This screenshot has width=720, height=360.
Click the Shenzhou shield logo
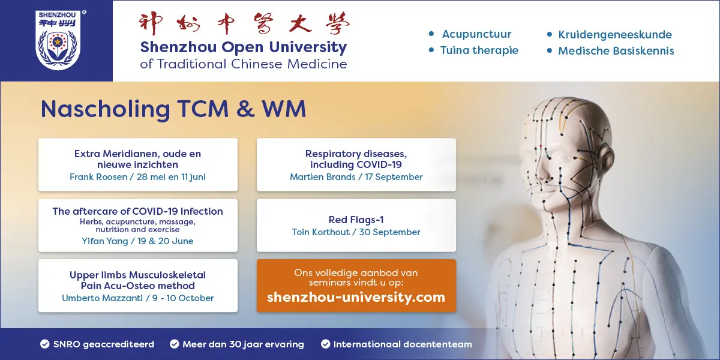coord(58,40)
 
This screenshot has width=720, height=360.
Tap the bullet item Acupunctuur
coord(476,34)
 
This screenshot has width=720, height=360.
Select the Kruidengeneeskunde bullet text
coord(614,35)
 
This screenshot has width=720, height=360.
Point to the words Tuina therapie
coord(479,50)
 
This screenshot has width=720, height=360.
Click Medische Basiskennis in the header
coord(616,51)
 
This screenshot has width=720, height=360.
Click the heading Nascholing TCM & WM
coord(173,109)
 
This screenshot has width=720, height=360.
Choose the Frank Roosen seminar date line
coord(137,177)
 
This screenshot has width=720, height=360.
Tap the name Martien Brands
coord(322,177)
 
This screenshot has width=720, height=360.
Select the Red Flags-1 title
coord(356,220)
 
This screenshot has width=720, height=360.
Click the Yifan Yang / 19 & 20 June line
coord(137,241)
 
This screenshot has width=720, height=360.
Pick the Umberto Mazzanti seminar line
coord(137,298)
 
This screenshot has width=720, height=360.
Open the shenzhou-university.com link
coord(356,298)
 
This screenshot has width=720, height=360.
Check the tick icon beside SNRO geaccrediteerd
coord(45,344)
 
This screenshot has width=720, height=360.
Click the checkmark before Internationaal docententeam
coord(325,344)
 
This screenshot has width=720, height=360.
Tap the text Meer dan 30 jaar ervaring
coord(243,344)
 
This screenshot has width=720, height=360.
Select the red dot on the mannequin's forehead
coord(541,146)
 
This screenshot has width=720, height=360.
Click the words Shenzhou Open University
coord(244,47)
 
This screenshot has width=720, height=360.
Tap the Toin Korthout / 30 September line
coord(356,232)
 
